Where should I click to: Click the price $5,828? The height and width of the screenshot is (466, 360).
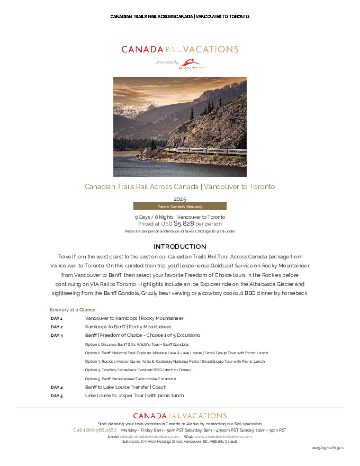point(184,224)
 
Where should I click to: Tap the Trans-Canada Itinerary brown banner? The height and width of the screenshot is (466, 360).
point(179,206)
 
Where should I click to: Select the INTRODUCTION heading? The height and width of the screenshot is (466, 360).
point(179,247)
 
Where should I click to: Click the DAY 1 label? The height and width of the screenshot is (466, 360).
point(57,318)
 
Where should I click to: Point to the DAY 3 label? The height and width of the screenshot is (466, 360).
point(57,335)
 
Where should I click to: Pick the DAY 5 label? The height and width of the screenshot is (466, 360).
point(57,396)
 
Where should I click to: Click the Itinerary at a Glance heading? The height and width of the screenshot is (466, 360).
point(73,309)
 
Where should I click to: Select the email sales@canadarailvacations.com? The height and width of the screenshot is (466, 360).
point(150,436)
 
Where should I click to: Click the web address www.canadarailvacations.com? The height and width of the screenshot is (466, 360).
point(223,436)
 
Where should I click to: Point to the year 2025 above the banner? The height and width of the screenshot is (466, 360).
point(179,199)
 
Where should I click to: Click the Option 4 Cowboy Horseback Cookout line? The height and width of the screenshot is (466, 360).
point(138,370)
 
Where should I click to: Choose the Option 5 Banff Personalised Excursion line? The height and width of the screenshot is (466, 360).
point(130,379)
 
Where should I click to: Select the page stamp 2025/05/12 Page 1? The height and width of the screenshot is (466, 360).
point(328,448)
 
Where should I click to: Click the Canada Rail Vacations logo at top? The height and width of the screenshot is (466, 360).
point(179,49)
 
